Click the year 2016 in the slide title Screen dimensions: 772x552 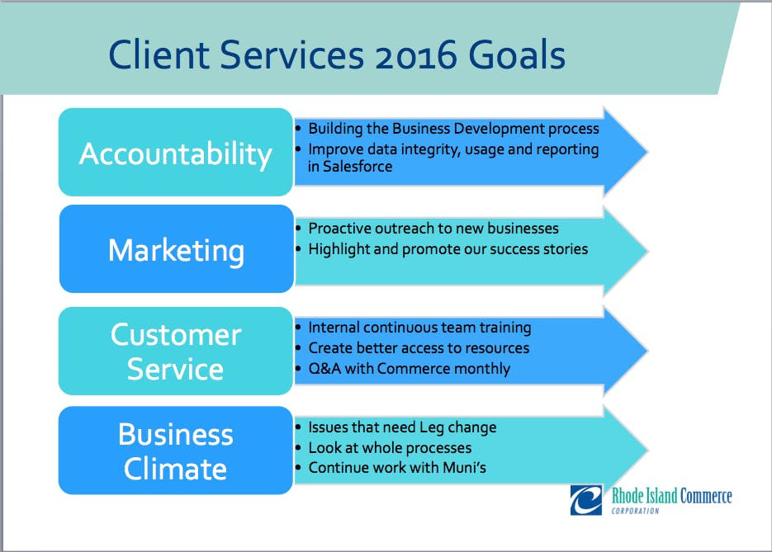coord(415,54)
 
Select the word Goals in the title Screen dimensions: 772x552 coord(517,54)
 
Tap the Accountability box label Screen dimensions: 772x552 coord(176,154)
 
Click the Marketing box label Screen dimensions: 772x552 coord(176,251)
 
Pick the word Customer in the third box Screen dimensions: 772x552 coord(176,335)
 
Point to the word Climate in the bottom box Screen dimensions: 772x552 coord(175,469)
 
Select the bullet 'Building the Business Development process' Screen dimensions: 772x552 coord(453,129)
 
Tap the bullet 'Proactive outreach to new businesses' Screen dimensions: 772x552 coord(433,229)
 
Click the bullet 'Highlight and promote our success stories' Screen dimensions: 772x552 coord(448,249)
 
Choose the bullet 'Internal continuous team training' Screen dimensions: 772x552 coord(419,328)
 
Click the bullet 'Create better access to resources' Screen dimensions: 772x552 coord(419,348)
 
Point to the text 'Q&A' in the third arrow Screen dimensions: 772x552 coord(324,369)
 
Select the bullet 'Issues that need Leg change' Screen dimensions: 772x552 coord(402,427)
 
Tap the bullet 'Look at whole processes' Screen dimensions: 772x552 coord(390,448)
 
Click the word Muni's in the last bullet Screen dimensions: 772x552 coord(464,467)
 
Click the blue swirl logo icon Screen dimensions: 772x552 coord(586,500)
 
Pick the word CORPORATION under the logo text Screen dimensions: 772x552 coord(635,512)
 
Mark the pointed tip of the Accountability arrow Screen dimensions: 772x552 coord(647,152)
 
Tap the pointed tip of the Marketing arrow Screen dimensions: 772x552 coord(647,251)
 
